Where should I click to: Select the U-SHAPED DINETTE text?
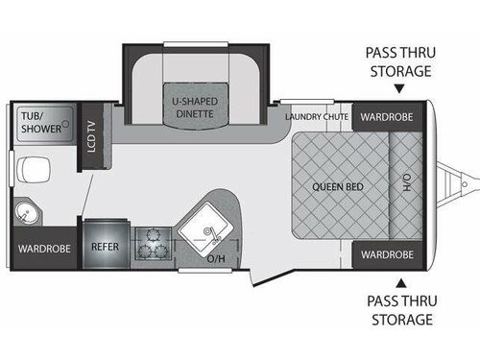click(193, 108)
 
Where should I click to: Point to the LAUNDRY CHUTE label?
click(318, 117)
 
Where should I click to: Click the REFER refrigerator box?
click(105, 246)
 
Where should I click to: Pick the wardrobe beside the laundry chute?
click(387, 117)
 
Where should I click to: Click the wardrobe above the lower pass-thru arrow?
click(387, 254)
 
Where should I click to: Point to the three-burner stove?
click(152, 242)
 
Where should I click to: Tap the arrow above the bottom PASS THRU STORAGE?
click(402, 281)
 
